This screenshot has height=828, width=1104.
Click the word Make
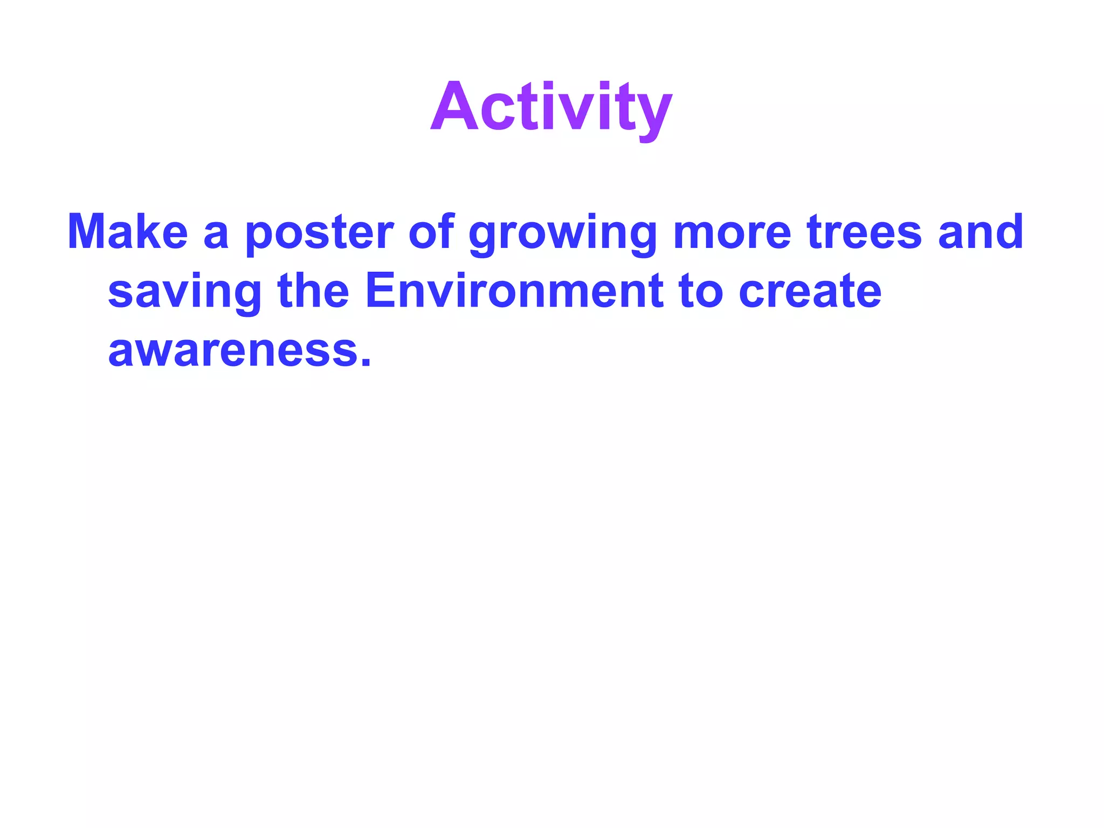pos(127,232)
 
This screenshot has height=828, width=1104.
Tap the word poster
pos(319,233)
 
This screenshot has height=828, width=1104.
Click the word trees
pos(864,232)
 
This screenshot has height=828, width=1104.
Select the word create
pos(810,292)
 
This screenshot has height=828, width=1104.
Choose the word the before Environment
pos(313,291)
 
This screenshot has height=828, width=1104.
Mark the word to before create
pos(700,292)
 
